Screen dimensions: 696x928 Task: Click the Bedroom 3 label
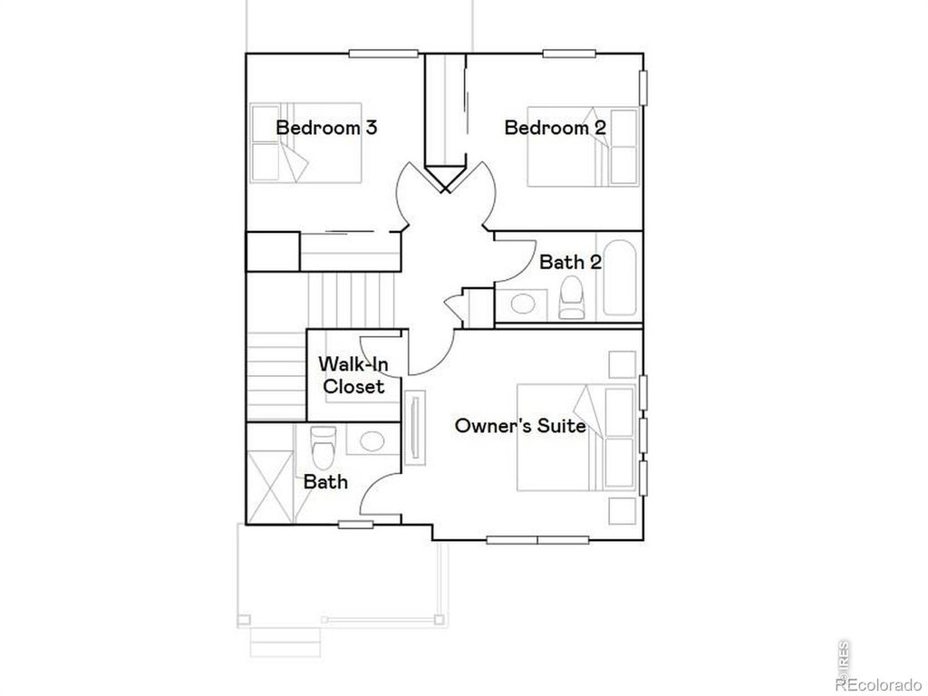(x=326, y=128)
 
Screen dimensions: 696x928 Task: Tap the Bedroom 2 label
(x=555, y=128)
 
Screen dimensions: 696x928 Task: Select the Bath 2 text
(x=570, y=262)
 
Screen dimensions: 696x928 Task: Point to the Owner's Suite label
(x=520, y=425)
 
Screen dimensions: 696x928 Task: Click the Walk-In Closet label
(x=352, y=375)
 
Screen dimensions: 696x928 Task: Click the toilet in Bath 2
(x=573, y=298)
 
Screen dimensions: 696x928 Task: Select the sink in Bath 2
(x=523, y=303)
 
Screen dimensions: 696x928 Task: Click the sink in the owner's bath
(x=369, y=441)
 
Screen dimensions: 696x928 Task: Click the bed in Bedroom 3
(x=306, y=143)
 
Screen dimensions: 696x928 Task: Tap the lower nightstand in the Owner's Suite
(x=622, y=511)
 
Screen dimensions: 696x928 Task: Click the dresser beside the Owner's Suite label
(x=416, y=428)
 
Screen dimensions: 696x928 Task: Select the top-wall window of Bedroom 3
(x=383, y=53)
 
